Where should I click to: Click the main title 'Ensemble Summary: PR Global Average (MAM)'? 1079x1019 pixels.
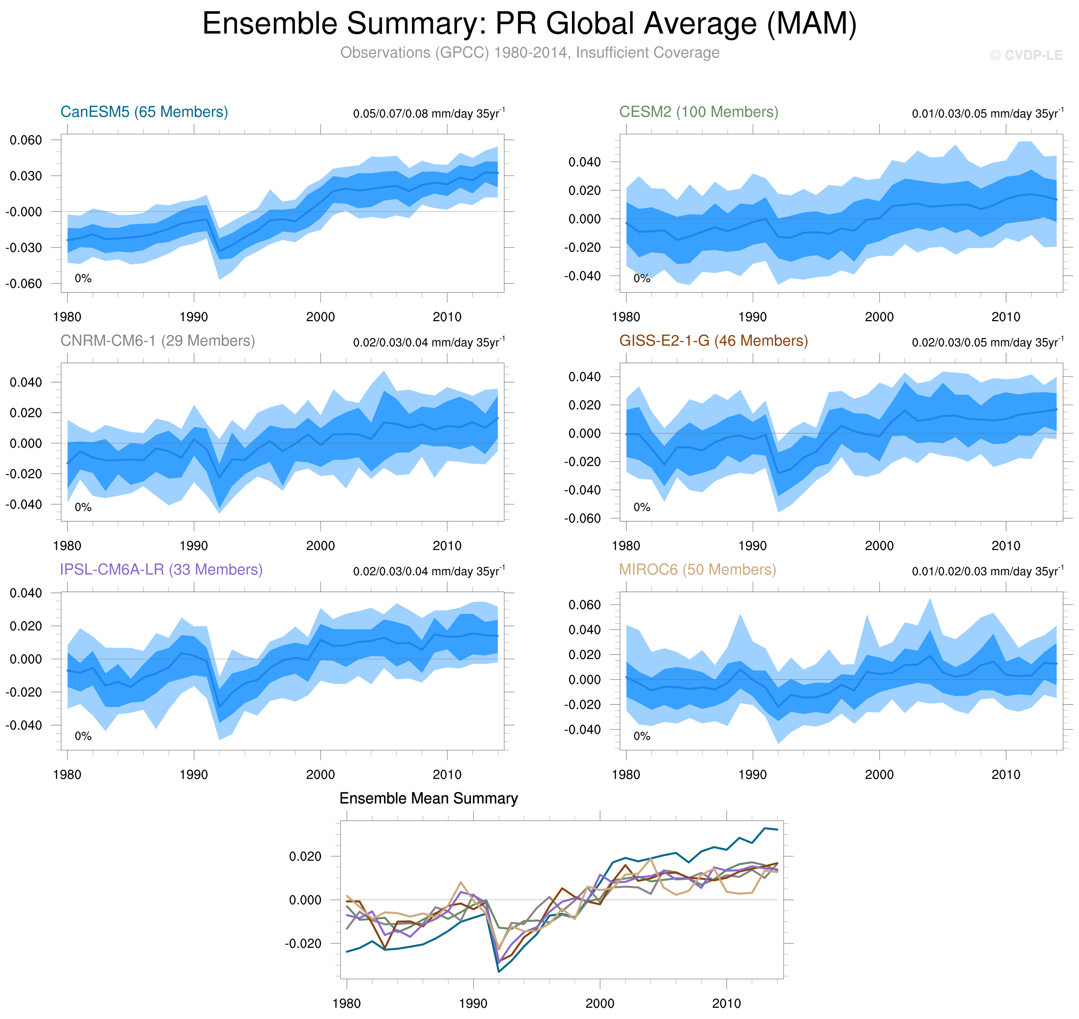529,24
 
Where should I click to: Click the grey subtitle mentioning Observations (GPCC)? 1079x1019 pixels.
529,53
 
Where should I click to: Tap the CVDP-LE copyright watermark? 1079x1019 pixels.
1025,55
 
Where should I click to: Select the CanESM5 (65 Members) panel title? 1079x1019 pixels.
144,112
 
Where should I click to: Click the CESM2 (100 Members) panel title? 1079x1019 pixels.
698,112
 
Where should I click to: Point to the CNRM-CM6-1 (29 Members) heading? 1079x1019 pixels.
157,341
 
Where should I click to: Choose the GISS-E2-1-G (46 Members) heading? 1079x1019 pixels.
713,341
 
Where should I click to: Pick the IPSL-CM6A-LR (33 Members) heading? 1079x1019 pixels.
161,569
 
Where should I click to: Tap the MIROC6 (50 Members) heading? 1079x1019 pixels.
697,569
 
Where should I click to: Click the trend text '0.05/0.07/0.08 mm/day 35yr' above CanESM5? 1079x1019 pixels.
426,114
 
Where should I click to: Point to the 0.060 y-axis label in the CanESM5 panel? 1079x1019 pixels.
26,140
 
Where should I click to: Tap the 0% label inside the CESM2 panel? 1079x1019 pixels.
642,279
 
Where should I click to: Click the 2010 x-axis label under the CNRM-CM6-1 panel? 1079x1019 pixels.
447,546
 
